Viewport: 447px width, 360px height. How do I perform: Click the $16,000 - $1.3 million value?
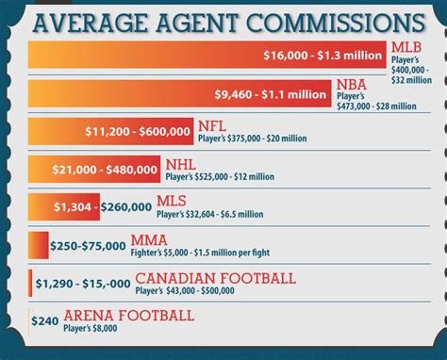pyautogui.click(x=323, y=56)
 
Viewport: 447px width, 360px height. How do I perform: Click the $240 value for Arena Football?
pyautogui.click(x=44, y=320)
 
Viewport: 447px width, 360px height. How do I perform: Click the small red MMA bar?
pyautogui.click(x=38, y=246)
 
